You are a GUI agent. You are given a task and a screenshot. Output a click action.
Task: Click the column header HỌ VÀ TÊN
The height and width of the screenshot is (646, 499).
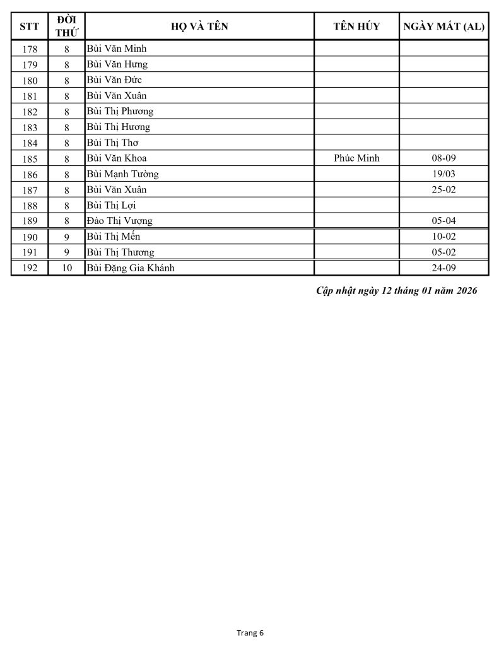click(x=199, y=26)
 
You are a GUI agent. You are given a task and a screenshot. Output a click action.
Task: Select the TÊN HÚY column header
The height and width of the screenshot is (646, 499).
click(x=356, y=26)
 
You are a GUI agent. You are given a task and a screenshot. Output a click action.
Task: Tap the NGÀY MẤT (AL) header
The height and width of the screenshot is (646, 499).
click(x=443, y=26)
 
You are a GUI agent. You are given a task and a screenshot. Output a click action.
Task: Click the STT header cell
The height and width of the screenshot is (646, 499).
click(x=29, y=26)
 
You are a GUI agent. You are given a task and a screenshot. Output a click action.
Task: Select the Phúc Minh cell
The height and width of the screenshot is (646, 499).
click(x=356, y=158)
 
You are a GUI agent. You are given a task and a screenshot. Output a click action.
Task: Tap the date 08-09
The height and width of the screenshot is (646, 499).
click(x=443, y=158)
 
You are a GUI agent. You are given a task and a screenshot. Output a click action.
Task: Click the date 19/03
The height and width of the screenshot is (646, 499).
click(x=443, y=174)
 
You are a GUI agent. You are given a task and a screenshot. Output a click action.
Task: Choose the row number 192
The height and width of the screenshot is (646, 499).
click(x=29, y=268)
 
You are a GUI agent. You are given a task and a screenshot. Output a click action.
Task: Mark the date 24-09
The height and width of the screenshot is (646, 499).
click(x=443, y=268)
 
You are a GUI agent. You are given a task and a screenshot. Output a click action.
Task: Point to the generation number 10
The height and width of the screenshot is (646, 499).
click(x=66, y=268)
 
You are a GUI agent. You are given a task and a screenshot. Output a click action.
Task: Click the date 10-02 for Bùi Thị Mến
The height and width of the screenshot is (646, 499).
click(x=443, y=237)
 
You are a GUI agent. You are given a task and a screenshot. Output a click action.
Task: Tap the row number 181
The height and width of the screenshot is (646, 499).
click(x=29, y=96)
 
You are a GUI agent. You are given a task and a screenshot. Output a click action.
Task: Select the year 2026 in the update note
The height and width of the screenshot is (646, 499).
click(x=466, y=291)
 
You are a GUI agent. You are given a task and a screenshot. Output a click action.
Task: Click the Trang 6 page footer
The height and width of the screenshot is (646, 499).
click(x=249, y=633)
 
